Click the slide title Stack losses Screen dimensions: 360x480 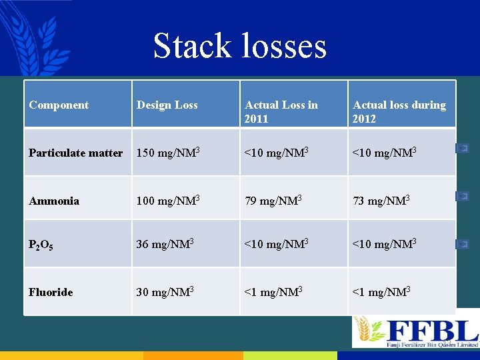(239, 46)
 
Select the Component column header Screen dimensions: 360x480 (59, 105)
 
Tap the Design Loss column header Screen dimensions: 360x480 (167, 105)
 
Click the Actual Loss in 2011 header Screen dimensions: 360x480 (281, 111)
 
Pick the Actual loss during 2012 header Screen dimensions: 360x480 (399, 111)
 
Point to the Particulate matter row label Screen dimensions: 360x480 (75, 153)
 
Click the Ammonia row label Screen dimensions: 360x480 (54, 201)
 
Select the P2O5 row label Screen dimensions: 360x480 (41, 245)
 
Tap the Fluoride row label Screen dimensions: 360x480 (51, 292)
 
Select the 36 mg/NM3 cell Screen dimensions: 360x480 (165, 244)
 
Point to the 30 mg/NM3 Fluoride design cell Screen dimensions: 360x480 (165, 291)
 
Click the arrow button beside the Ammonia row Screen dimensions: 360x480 (462, 196)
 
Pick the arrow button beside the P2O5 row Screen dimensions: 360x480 (462, 244)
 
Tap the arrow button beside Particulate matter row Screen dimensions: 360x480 (462, 148)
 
